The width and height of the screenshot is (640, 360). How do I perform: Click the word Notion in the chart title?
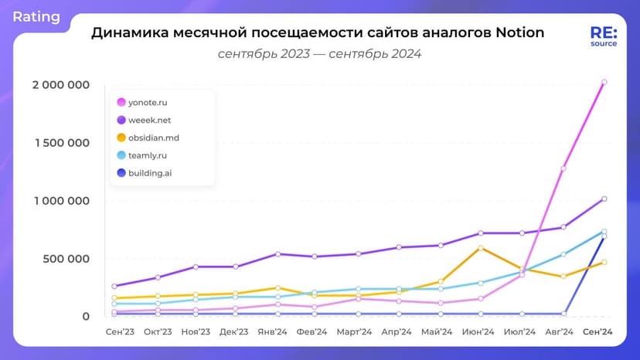click(x=514, y=33)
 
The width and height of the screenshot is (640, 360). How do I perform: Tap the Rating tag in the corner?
click(x=36, y=16)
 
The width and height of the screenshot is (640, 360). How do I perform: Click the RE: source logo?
click(x=603, y=36)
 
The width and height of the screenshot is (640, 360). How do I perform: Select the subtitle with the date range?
click(x=319, y=54)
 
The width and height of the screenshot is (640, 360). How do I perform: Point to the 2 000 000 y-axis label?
click(x=60, y=85)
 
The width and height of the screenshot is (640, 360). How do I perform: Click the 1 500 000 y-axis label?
click(x=60, y=143)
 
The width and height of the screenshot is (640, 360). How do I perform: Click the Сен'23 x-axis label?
click(x=118, y=332)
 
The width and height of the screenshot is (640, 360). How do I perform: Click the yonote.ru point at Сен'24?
click(x=604, y=82)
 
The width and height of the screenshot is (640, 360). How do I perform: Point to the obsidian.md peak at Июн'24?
click(x=481, y=248)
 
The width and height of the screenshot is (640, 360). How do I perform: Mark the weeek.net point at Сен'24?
click(x=604, y=199)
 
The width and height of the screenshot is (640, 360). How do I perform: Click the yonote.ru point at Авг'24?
click(x=563, y=168)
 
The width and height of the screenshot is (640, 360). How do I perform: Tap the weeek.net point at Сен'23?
click(x=114, y=286)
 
